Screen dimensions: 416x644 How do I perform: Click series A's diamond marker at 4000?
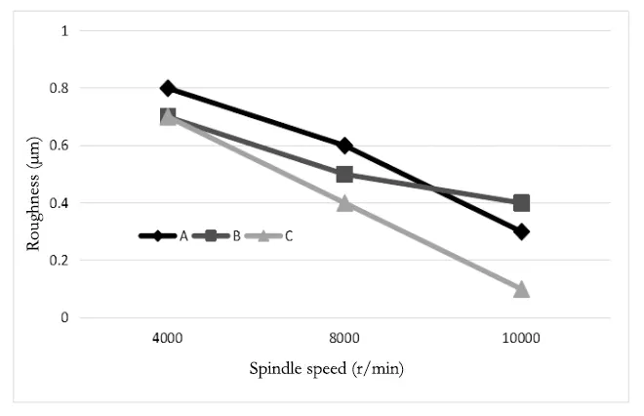[168, 88]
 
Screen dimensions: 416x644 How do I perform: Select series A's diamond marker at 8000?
[344, 146]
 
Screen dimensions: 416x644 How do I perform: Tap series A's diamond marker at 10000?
[521, 231]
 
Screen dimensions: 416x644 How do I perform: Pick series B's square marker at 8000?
[344, 174]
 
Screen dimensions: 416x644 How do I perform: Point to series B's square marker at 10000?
[521, 203]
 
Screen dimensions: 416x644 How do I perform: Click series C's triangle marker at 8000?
[344, 203]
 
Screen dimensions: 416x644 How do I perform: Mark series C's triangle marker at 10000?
[521, 289]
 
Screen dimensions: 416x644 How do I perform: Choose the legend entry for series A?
[162, 235]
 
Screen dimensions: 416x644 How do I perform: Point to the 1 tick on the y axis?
[64, 31]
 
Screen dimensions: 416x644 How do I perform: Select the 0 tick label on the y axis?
[64, 318]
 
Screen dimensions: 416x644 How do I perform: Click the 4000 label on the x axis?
[168, 338]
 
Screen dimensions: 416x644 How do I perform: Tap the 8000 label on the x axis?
[344, 338]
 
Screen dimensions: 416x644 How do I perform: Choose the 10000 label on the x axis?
[521, 338]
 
